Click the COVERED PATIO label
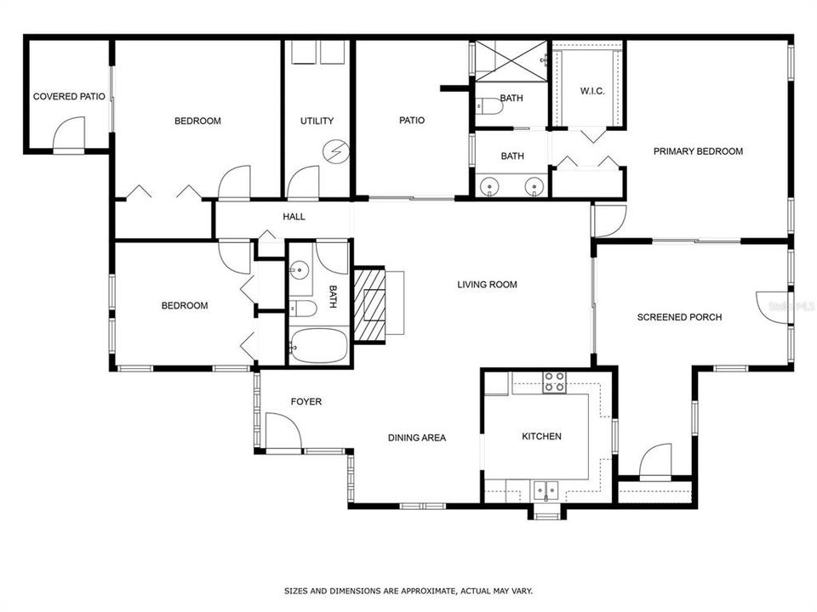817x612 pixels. pos(69,97)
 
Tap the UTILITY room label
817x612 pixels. pos(317,122)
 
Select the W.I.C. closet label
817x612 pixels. pos(592,91)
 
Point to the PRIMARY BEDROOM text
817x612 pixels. pos(698,152)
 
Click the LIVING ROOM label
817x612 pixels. pos(487,285)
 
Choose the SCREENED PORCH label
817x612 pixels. pos(679,317)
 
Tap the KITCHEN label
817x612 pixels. pos(541,437)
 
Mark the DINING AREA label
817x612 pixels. pos(417,439)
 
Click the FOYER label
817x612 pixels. pos(306,402)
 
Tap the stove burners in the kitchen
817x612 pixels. pos(555,382)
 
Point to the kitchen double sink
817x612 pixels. pos(546,490)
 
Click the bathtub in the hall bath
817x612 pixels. pos(318,347)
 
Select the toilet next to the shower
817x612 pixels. pos(490,106)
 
